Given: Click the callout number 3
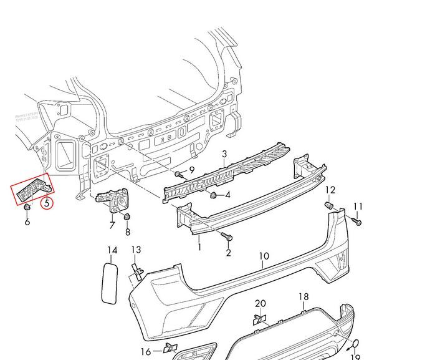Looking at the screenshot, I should pos(224,154).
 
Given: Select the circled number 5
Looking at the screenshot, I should pos(45,202).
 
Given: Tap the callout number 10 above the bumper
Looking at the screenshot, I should pos(264,256).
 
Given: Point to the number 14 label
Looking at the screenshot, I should pos(112,251).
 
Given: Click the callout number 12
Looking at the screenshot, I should pos(330,190).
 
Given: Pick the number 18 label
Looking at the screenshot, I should pos(304,297).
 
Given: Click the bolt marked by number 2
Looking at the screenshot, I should pos(226,236).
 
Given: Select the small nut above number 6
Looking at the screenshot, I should pos(27,207).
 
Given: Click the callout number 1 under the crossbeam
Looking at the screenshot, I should pos(199,247).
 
